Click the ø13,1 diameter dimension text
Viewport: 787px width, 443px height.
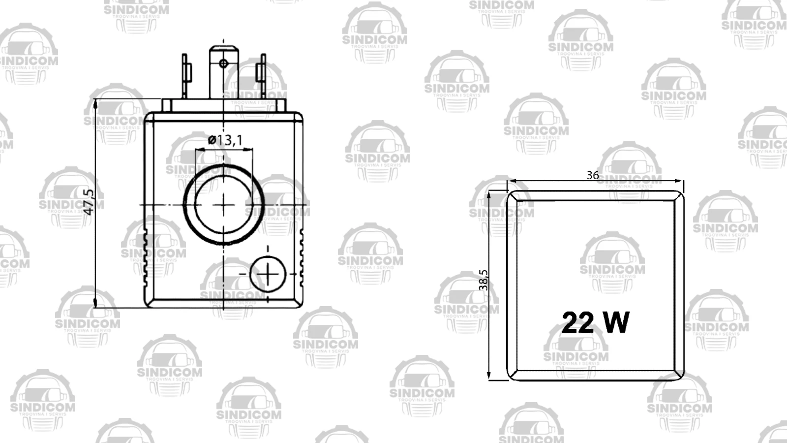tap(225, 140)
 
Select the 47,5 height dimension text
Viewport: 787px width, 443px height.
tap(88, 202)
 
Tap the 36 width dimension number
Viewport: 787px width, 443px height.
tap(593, 175)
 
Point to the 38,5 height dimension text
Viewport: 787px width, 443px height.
tap(484, 280)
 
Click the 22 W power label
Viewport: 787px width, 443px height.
tap(595, 323)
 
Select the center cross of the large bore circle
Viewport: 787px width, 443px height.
tap(224, 204)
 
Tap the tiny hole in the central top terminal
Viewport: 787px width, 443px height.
tap(223, 63)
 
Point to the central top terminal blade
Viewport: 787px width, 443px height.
tap(224, 74)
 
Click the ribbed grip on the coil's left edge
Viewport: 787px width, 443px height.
tap(146, 258)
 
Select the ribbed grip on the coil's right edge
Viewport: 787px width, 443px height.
tap(301, 258)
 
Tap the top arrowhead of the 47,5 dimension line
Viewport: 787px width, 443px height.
tap(95, 103)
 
